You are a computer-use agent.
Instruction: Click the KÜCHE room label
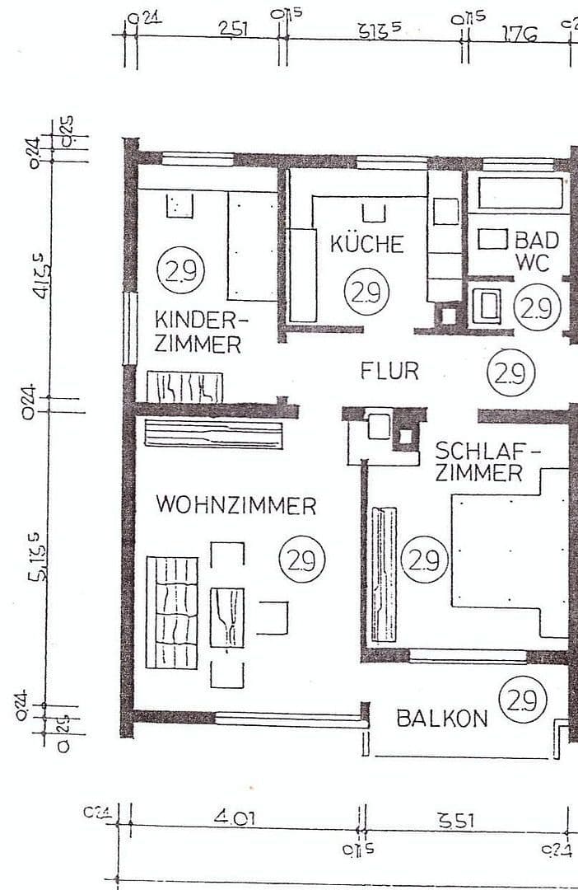[366, 244]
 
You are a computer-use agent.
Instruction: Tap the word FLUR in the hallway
[389, 371]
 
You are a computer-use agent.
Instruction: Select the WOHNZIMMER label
[236, 505]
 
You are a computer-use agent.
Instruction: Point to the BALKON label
[441, 719]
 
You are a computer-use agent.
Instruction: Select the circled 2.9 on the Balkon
[523, 701]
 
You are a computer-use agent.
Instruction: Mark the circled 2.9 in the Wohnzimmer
[302, 560]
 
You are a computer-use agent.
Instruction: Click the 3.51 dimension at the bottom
[455, 820]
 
